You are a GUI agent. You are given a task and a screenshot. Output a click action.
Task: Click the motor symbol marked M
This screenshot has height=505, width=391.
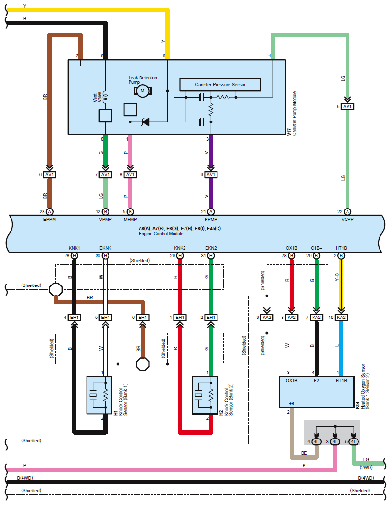pos(142,91)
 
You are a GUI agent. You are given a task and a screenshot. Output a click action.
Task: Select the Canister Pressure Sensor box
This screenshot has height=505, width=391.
pos(220,85)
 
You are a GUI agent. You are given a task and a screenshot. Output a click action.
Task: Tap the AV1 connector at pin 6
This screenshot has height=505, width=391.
pos(50,175)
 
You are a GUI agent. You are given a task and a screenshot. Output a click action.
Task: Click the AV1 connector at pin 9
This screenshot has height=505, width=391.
pos(211,175)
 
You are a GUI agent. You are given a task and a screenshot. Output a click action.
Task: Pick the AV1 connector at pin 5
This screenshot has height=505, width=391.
pos(348,106)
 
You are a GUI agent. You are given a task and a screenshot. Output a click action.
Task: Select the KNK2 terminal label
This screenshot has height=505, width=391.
pos(180,248)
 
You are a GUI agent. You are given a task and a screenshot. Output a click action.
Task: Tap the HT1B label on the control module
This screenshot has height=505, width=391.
pos(341,248)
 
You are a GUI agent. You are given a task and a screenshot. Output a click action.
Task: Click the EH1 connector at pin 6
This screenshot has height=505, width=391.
pos(142,317)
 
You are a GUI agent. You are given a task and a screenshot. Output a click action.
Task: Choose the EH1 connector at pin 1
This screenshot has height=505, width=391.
pos(180,317)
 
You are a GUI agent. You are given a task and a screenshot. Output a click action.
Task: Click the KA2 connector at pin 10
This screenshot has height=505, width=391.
pos(341,317)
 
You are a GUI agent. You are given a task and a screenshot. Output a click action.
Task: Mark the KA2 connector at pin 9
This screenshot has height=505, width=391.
pos(267,317)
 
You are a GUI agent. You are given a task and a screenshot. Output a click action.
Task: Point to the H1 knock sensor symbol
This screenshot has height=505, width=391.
pos(98,395)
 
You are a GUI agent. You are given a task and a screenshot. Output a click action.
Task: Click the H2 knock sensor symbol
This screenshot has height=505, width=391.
pos(204,395)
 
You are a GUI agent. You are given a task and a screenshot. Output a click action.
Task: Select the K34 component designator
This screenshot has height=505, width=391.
pos(358,405)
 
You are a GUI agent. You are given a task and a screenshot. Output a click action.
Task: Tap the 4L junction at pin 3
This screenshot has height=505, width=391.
pos(335,441)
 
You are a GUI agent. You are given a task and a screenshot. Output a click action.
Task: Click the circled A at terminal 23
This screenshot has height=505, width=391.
pos(50,211)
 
